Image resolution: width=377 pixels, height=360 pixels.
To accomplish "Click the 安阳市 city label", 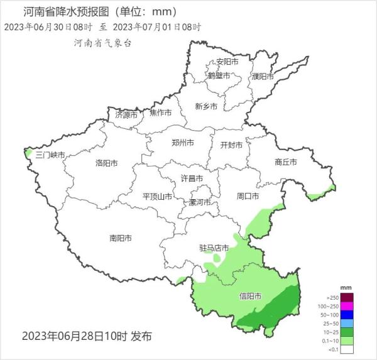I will click(227, 62).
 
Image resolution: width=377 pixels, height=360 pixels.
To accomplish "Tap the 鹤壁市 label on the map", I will click(219, 76).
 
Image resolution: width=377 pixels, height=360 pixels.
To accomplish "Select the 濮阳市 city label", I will click(263, 77).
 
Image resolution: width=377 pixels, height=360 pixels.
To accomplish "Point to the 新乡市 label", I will click(206, 107).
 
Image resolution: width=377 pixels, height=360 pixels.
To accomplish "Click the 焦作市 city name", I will click(161, 113).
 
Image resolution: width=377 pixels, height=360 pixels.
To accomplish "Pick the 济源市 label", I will click(126, 116).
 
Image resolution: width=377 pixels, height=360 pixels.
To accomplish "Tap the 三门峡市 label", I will click(50, 155).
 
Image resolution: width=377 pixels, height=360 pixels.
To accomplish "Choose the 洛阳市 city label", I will click(107, 163).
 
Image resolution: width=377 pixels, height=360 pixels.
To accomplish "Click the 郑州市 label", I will click(183, 143).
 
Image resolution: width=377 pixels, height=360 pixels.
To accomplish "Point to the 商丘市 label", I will click(286, 162).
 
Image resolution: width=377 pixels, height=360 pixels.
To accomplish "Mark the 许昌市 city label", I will click(192, 178).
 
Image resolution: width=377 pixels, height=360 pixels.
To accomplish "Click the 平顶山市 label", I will click(158, 197).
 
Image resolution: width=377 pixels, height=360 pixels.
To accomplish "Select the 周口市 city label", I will click(248, 197).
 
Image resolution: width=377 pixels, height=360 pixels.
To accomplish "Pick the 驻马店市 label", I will click(214, 248).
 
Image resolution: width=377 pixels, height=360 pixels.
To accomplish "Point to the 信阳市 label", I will click(251, 296).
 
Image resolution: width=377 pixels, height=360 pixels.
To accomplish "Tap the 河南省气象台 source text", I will click(102, 43).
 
